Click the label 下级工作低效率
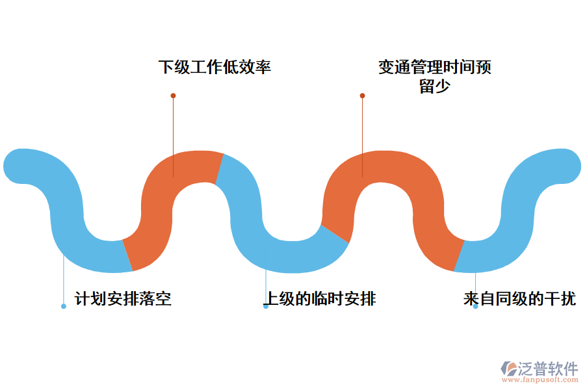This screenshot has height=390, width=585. [x=214, y=67]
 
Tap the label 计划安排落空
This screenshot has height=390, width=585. [x=123, y=299]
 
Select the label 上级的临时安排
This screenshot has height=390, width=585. [x=320, y=299]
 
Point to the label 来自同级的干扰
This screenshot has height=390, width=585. [x=519, y=299]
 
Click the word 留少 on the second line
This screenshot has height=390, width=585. [x=434, y=86]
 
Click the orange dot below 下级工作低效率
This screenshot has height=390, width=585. [x=173, y=96]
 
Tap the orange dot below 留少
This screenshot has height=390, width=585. [x=362, y=96]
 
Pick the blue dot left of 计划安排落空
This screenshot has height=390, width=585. [x=63, y=306]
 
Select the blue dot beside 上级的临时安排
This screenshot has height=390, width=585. [x=265, y=306]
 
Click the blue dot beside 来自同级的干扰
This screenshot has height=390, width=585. [x=475, y=306]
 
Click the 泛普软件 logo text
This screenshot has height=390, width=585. [x=548, y=369]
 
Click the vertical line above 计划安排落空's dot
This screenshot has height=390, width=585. [x=63, y=279]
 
